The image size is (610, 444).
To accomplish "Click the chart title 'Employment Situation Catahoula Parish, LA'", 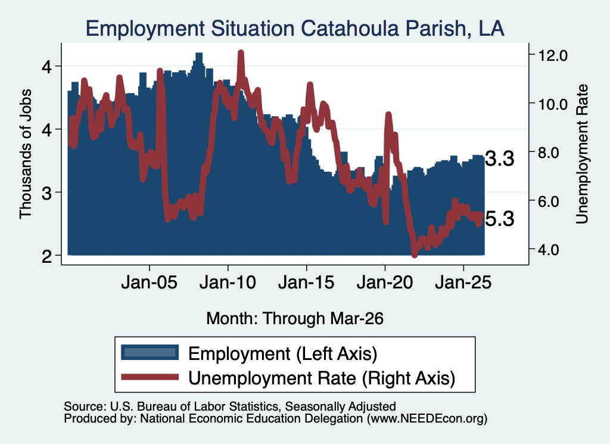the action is (x=295, y=29).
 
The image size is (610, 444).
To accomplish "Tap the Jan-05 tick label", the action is (x=150, y=282).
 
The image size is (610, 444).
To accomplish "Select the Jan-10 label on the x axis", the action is (x=228, y=282).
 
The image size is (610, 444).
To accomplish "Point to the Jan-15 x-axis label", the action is (x=307, y=282).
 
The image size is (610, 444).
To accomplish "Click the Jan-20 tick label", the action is (x=385, y=282).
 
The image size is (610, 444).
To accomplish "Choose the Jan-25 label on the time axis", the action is (x=463, y=282).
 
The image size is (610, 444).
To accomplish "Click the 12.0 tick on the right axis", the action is (x=553, y=55).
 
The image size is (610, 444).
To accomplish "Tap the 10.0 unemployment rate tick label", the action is (x=553, y=104).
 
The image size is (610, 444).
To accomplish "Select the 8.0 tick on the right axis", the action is (x=553, y=153).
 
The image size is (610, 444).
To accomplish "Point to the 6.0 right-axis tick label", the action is (x=553, y=201).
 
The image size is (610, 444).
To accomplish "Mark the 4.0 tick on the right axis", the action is (x=553, y=250).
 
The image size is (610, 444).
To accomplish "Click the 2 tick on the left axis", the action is (x=46, y=256).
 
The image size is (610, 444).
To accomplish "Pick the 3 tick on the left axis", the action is (x=46, y=192).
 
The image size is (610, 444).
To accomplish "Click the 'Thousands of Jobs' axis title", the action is (x=25, y=154).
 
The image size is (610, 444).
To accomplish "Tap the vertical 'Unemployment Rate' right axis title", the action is (x=582, y=154).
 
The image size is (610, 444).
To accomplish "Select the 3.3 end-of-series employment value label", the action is (x=500, y=159).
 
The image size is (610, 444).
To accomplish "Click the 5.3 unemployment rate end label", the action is (x=500, y=219).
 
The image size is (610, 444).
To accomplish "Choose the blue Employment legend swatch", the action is (x=150, y=353).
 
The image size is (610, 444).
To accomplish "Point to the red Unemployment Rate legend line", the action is (x=150, y=377).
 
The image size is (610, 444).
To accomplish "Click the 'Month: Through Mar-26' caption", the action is (x=295, y=318).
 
